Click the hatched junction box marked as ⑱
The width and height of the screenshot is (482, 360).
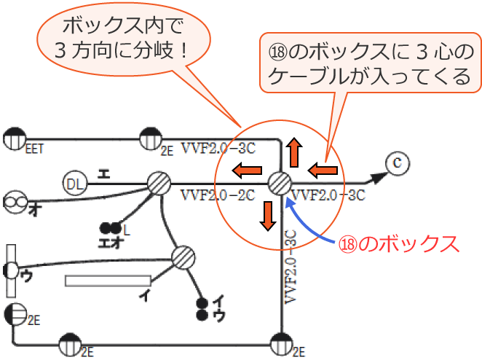tap(280, 182)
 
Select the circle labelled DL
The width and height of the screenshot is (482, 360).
tap(75, 183)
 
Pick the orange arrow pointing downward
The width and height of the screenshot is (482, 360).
tap(267, 212)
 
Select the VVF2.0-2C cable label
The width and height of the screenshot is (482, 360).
tap(216, 195)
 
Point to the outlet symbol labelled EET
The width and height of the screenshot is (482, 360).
tap(15, 137)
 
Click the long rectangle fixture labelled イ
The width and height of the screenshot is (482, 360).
tap(108, 280)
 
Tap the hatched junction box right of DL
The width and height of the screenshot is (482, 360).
tap(158, 183)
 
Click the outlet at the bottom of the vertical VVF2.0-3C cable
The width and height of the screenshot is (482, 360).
tap(281, 342)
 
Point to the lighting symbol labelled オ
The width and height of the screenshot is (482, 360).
tap(15, 200)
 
